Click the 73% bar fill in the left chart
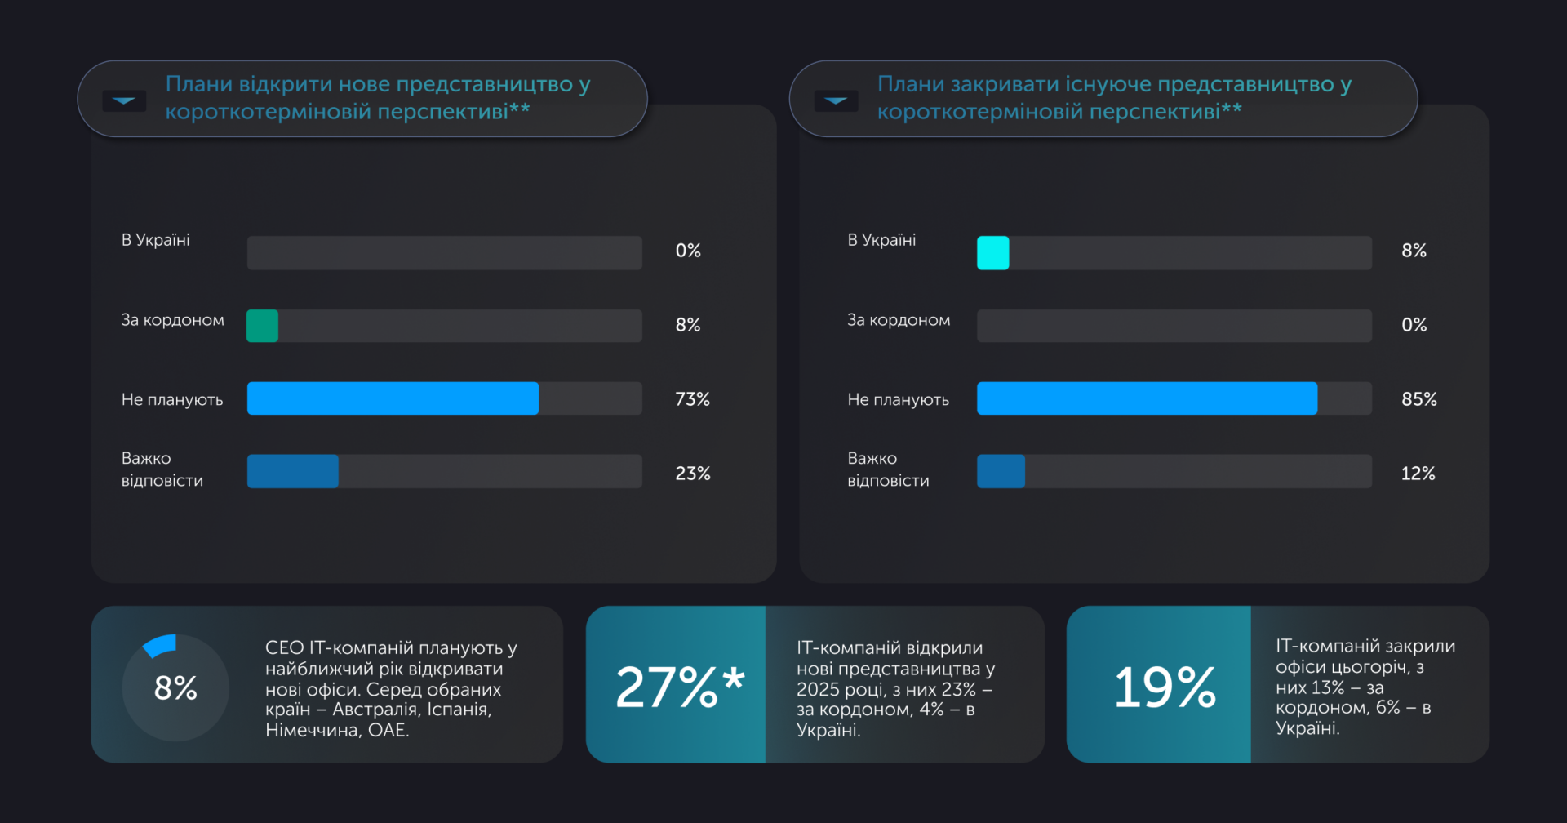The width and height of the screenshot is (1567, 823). tap(393, 398)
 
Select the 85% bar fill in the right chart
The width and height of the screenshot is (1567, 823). tap(1147, 398)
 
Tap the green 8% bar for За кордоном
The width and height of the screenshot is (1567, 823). tap(262, 326)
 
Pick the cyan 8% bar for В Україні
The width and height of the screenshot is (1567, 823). tap(992, 253)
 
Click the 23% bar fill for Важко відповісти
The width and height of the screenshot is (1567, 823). tap(292, 472)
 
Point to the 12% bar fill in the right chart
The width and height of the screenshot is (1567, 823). tap(1001, 472)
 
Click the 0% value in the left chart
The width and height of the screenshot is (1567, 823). tap(688, 251)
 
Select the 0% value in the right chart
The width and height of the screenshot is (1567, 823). tap(1414, 325)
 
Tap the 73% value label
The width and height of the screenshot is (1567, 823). tap(692, 399)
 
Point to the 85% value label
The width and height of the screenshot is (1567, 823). tap(1419, 399)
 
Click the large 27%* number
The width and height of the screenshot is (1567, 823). tap(679, 687)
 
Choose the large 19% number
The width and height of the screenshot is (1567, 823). tap(1165, 687)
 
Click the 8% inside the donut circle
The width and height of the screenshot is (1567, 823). tap(175, 688)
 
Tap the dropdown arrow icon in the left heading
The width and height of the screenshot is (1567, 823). tap(124, 100)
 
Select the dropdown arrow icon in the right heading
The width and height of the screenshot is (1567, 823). tap(836, 100)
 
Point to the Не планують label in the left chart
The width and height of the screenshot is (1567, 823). tap(172, 400)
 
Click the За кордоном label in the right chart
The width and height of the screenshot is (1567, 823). tap(899, 320)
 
